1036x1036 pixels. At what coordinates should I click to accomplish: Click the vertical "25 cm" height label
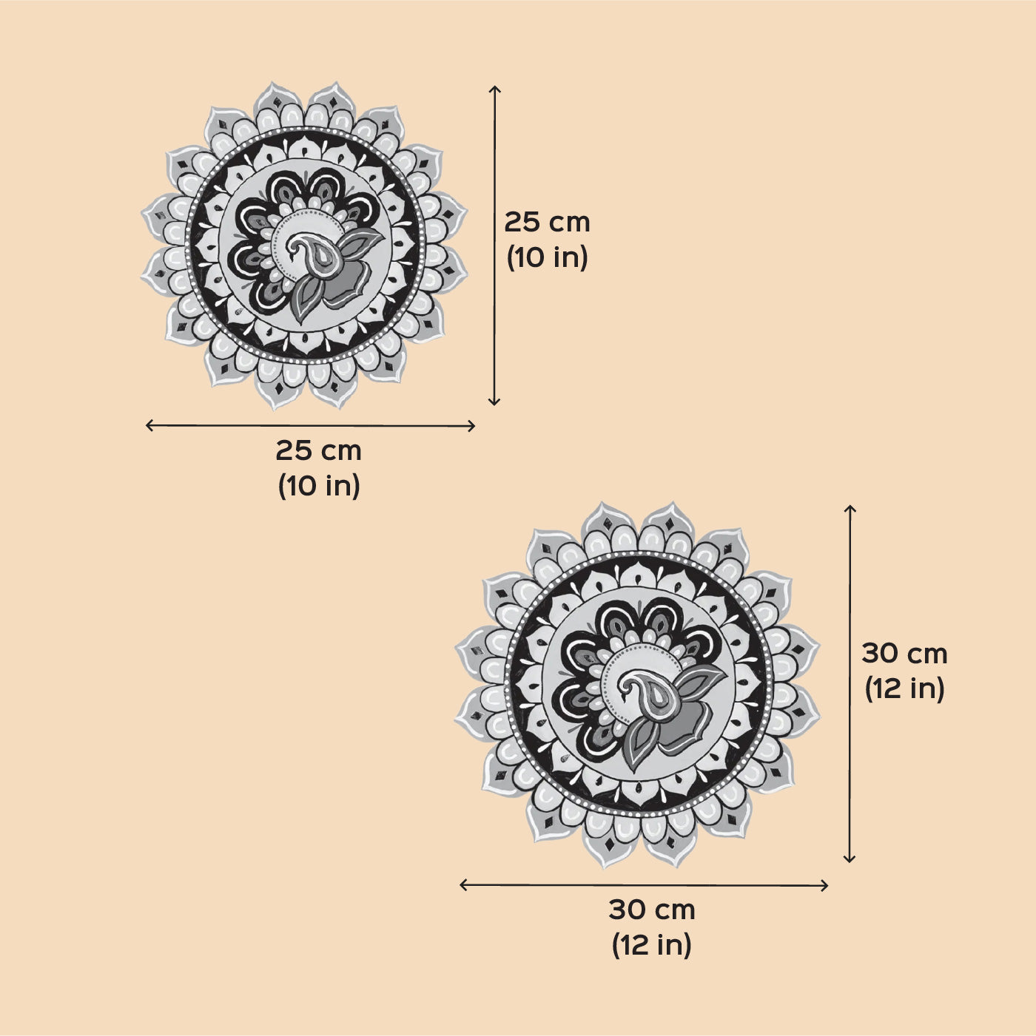coord(547,223)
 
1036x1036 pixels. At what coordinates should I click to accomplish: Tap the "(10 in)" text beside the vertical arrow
coord(548,258)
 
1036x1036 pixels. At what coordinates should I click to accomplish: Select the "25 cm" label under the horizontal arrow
coord(318,450)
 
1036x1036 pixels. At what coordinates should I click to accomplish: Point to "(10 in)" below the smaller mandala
coord(319,486)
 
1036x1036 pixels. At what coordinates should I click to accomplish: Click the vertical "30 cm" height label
coord(904,654)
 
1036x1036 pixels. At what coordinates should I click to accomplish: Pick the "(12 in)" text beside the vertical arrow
coord(904,688)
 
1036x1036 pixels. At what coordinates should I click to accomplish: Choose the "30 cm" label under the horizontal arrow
coord(652,910)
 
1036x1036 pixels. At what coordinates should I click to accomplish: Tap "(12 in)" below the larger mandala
coord(651,945)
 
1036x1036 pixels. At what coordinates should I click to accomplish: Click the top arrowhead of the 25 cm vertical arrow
coord(494,87)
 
